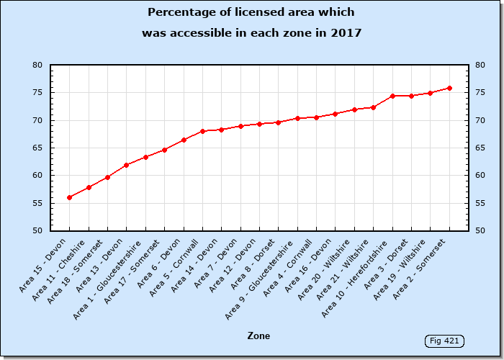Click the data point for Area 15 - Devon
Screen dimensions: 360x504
point(70,197)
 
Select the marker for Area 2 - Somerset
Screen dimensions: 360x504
point(449,88)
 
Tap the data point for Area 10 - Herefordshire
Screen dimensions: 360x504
point(392,96)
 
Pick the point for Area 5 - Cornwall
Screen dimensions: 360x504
point(202,131)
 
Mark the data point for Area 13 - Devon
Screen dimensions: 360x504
point(127,165)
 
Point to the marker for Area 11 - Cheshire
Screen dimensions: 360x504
point(89,187)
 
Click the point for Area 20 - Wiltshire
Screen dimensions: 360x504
point(354,109)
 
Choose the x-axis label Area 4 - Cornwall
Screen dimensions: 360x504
point(292,264)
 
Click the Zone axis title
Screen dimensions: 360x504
point(258,336)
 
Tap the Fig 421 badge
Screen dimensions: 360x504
point(444,341)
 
